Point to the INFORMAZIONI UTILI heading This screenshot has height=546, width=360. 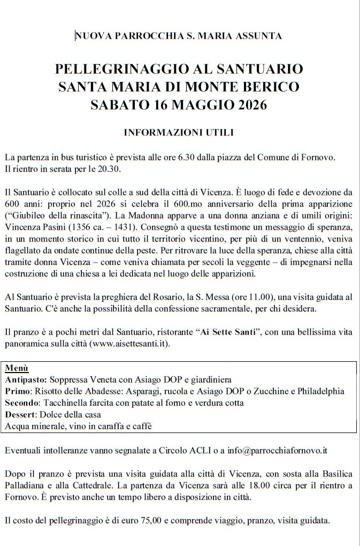pyautogui.click(x=179, y=132)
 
